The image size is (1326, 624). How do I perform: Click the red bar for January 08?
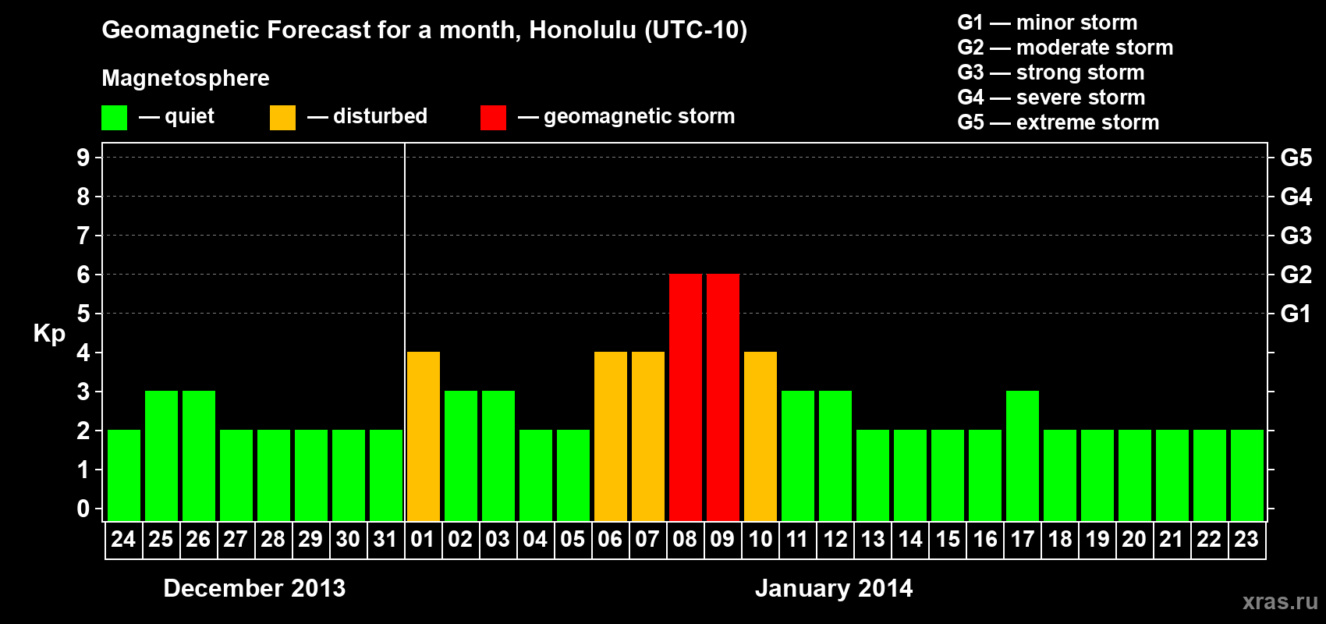[x=686, y=397]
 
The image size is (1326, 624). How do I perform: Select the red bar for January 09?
[x=723, y=397]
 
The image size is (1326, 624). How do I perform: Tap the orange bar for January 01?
[x=424, y=436]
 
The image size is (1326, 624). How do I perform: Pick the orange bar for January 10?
[x=760, y=436]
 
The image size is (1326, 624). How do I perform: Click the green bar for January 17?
[x=1023, y=456]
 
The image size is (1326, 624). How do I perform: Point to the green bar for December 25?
[x=161, y=456]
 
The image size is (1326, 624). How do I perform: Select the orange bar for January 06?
[x=610, y=436]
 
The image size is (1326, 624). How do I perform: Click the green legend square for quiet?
[x=114, y=117]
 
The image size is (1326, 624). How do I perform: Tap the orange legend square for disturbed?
[x=282, y=117]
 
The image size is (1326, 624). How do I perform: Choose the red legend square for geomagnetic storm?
[x=493, y=117]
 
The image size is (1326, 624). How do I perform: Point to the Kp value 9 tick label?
[x=83, y=158]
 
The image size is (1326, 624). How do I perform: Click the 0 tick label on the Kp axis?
[x=83, y=509]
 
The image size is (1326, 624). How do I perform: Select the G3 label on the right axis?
[x=1296, y=236]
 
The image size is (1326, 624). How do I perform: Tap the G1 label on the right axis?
[x=1296, y=314]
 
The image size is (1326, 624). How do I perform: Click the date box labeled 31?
[x=386, y=540]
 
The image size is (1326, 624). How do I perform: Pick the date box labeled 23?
[x=1247, y=540]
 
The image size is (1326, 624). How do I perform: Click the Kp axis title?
[x=49, y=334]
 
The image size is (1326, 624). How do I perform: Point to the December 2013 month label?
[x=254, y=588]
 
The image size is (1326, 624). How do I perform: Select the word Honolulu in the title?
[x=583, y=30]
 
